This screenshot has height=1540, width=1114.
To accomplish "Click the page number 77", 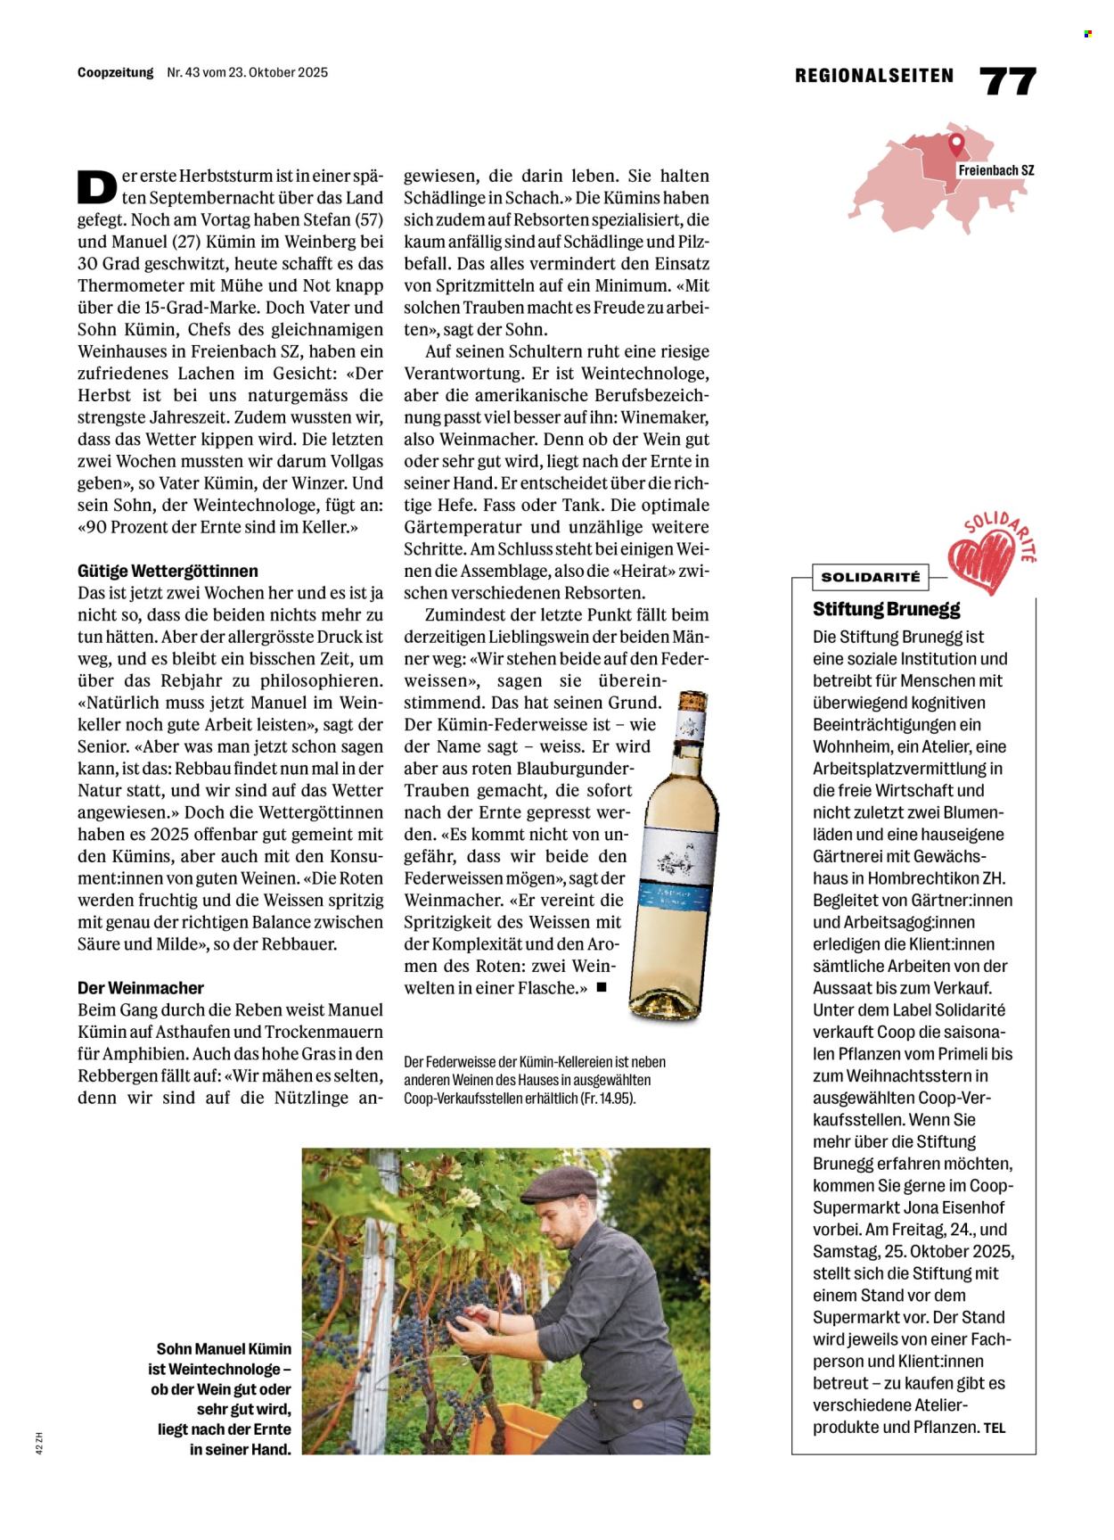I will pos(1008,80).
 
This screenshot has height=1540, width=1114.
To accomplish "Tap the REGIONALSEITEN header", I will pos(873,77).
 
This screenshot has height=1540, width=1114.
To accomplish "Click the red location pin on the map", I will pos(956,144).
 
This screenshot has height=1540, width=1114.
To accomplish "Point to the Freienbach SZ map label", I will pos(995,170).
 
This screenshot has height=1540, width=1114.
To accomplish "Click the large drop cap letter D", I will pos(97,185).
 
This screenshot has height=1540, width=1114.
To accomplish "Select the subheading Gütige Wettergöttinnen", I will pos(168,571).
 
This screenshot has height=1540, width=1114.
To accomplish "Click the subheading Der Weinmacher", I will pos(141,988).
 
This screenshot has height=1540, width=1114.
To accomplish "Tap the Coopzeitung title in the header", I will pos(115,72).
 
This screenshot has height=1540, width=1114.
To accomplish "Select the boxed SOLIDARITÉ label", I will pos(870,577).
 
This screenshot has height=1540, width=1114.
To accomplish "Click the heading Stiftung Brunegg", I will pos(886,609).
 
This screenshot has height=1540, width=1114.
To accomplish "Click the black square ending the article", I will pos(602,987).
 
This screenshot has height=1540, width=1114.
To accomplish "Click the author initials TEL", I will pos(995,1428).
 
